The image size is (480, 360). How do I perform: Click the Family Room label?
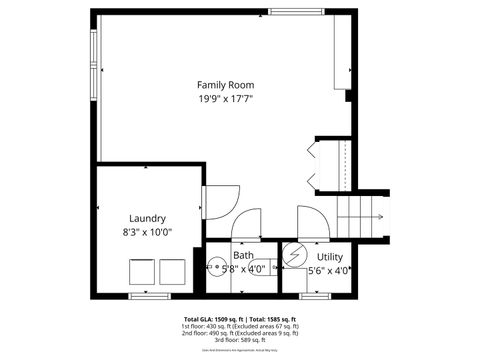click(224, 86)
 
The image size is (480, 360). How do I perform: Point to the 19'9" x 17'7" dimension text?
click(224, 99)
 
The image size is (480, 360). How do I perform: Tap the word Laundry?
click(147, 218)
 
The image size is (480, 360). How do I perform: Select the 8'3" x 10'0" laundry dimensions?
click(147, 231)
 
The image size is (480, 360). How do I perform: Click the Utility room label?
click(330, 258)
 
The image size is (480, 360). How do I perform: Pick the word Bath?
click(244, 256)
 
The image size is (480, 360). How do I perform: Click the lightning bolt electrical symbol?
click(295, 255)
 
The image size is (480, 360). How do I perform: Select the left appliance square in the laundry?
click(141, 272)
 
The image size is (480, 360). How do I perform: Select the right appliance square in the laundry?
click(172, 272)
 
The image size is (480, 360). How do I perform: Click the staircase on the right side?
click(361, 213)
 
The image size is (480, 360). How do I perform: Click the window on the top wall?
click(295, 12)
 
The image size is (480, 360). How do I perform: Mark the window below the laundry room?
click(147, 296)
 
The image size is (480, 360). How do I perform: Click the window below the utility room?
click(316, 296)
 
